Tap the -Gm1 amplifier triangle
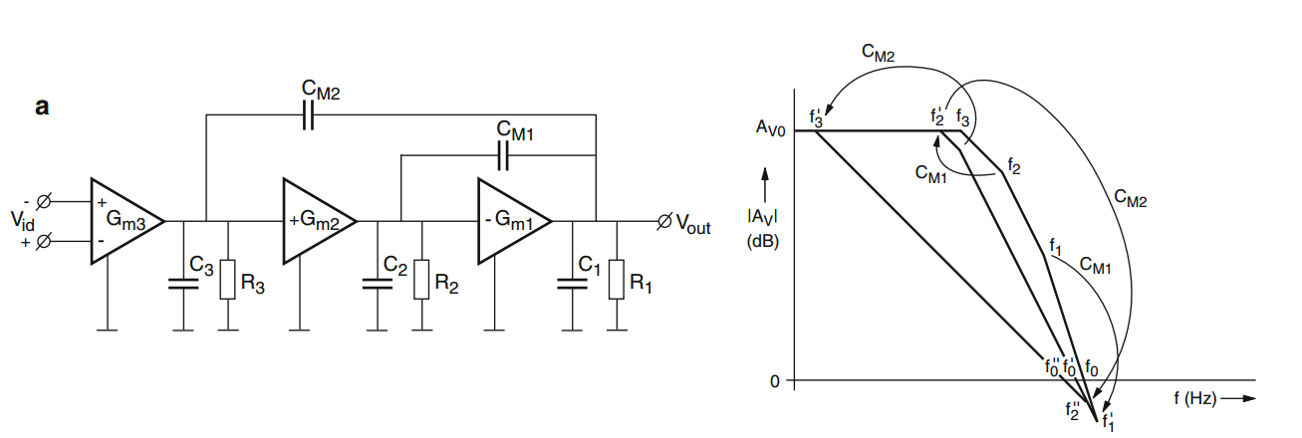(x=509, y=222)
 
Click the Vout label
(x=693, y=226)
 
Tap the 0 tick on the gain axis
(x=775, y=380)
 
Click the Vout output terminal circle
(x=665, y=221)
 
